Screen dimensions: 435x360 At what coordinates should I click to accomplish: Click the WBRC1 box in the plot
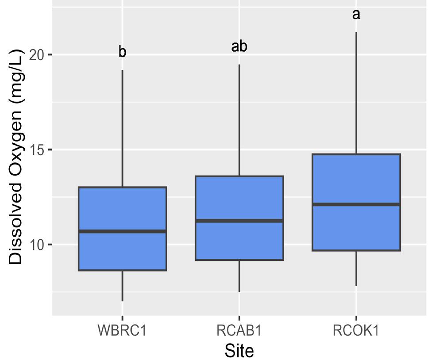[x=122, y=229]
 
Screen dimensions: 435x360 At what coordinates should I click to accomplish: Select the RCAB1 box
[x=239, y=218]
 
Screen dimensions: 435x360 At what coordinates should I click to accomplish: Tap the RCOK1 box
[x=356, y=202]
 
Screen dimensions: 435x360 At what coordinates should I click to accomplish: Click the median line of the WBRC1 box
[x=122, y=231]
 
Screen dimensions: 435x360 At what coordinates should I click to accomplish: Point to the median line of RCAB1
[x=239, y=221]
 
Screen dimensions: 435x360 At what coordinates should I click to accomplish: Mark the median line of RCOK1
[x=356, y=204]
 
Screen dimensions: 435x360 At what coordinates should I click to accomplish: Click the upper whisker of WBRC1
[x=122, y=128]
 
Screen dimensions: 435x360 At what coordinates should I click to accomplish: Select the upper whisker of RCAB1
[x=239, y=120]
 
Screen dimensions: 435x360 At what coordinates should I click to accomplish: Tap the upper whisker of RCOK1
[x=356, y=93]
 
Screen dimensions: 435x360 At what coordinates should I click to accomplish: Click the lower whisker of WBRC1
[x=122, y=286]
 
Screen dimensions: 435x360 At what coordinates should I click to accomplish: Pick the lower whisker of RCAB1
[x=239, y=276]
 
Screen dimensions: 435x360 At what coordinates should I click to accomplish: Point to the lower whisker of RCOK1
[x=356, y=268]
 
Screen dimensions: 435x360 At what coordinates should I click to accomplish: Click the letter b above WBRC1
[x=122, y=52]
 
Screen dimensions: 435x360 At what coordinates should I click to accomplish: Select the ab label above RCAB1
[x=239, y=46]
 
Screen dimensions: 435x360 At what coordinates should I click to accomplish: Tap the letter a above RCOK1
[x=356, y=15]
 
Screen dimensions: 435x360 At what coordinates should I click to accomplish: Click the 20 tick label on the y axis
[x=36, y=55]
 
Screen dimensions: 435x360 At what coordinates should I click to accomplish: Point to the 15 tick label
[x=36, y=150]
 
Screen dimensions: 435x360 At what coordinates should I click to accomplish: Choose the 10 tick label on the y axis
[x=36, y=245]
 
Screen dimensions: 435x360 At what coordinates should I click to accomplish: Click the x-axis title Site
[x=239, y=351]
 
